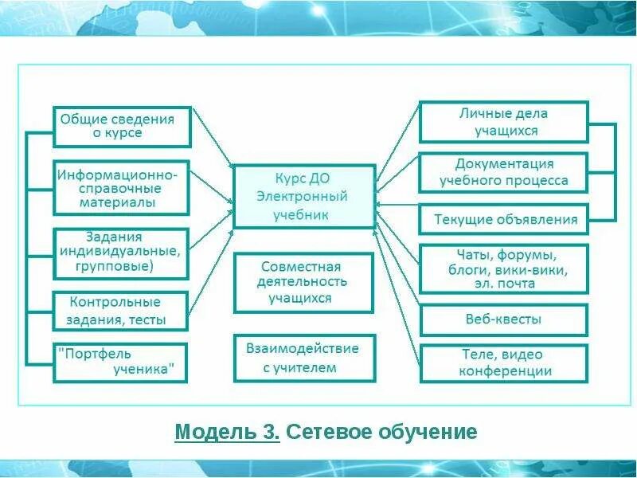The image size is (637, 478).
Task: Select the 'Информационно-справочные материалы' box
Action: pos(122,188)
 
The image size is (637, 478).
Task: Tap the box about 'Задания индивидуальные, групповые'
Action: pos(122,253)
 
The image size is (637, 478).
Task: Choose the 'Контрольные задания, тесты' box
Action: pos(120,311)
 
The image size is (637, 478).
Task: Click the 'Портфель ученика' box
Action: pos(120,362)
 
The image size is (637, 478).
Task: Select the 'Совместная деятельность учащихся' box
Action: pos(304,283)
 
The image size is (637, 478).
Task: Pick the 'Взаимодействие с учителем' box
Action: pos(304,358)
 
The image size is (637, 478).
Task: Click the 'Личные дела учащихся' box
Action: pos(503,122)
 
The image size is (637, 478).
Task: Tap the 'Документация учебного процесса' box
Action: pos(503,172)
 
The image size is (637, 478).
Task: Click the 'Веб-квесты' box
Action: pos(503,319)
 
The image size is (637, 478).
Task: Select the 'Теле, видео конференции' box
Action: pos(503,363)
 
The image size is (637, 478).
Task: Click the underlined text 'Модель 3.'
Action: pos(227,433)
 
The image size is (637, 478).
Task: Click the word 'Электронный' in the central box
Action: pos(304,197)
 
